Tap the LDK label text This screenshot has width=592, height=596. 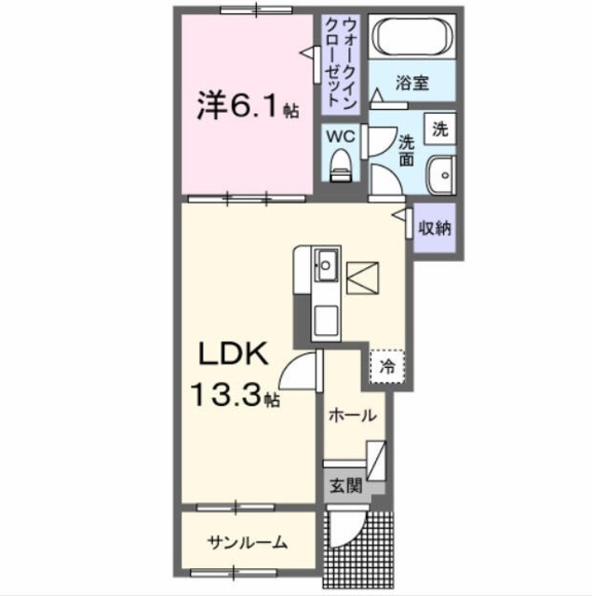[x=231, y=355]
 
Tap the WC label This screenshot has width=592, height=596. [x=340, y=136]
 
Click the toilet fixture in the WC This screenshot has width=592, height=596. [x=341, y=165]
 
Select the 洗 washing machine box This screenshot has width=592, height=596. [x=440, y=129]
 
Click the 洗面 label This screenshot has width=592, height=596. [x=408, y=151]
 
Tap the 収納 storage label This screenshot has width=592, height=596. [x=434, y=226]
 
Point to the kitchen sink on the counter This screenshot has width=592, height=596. [x=326, y=266]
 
